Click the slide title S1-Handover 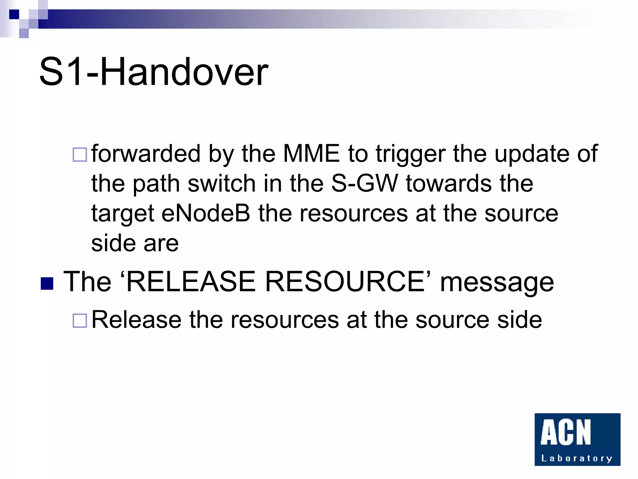[154, 72]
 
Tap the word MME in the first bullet [311, 153]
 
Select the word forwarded [146, 153]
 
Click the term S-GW [364, 183]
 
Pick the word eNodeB [206, 213]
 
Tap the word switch [221, 183]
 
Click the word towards [449, 183]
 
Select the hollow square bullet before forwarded [80, 155]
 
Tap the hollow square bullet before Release [80, 321]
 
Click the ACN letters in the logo [565, 432]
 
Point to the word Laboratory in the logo [577, 458]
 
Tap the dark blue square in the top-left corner [14, 14]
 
